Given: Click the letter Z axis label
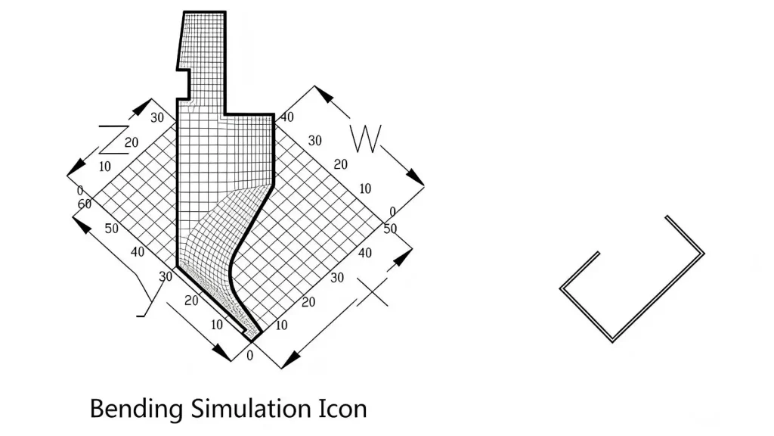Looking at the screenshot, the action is (x=113, y=140).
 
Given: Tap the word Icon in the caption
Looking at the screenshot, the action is (x=342, y=409).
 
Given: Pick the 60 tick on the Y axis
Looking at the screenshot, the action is (x=85, y=204).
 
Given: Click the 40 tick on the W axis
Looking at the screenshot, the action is (x=286, y=117).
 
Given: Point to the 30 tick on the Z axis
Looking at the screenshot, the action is (x=157, y=117).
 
